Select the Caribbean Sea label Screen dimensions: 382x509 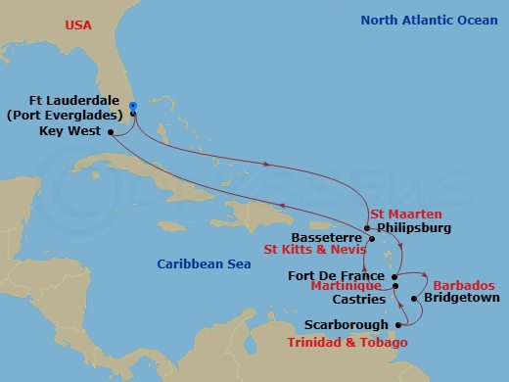click(203, 263)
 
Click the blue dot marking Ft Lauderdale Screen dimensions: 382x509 click(132, 106)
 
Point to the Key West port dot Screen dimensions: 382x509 click(110, 131)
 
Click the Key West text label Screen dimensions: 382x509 click(70, 130)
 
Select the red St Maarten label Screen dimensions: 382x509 click(406, 214)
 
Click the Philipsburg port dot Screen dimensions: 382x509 click(367, 229)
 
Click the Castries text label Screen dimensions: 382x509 click(358, 300)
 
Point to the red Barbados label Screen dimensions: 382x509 click(463, 285)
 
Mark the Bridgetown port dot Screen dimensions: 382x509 click(414, 299)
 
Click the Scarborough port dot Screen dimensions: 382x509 click(397, 325)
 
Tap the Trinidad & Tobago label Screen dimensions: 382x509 click(348, 342)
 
